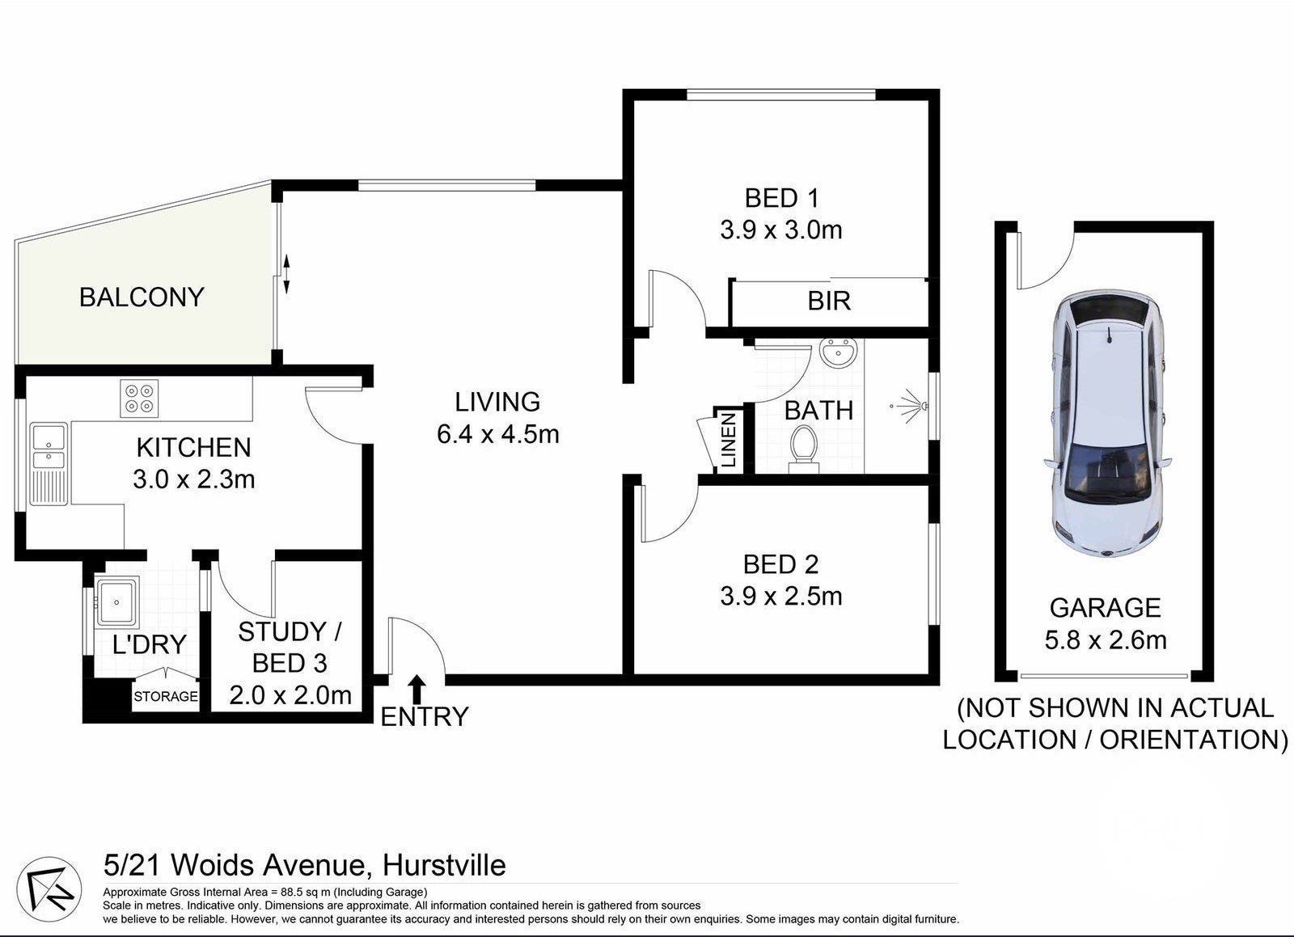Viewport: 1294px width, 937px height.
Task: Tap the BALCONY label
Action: click(x=142, y=298)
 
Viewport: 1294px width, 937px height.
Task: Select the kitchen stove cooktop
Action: click(x=139, y=399)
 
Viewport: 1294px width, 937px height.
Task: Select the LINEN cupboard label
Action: click(x=727, y=441)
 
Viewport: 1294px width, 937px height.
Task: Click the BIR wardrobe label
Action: click(x=829, y=302)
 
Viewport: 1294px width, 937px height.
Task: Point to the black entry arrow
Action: click(x=417, y=689)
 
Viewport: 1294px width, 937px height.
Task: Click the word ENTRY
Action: click(x=424, y=717)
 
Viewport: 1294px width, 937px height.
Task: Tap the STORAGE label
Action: click(x=166, y=696)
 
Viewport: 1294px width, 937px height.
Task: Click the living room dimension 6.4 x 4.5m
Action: click(x=497, y=435)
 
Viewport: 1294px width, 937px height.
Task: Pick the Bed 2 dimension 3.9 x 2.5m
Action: click(x=780, y=597)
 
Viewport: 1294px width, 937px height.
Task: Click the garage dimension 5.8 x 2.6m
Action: click(x=1105, y=641)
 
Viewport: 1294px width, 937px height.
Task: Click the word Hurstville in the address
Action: click(x=444, y=866)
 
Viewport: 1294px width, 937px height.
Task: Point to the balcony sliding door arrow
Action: click(x=286, y=273)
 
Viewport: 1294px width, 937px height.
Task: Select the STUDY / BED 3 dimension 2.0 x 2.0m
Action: click(x=290, y=695)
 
